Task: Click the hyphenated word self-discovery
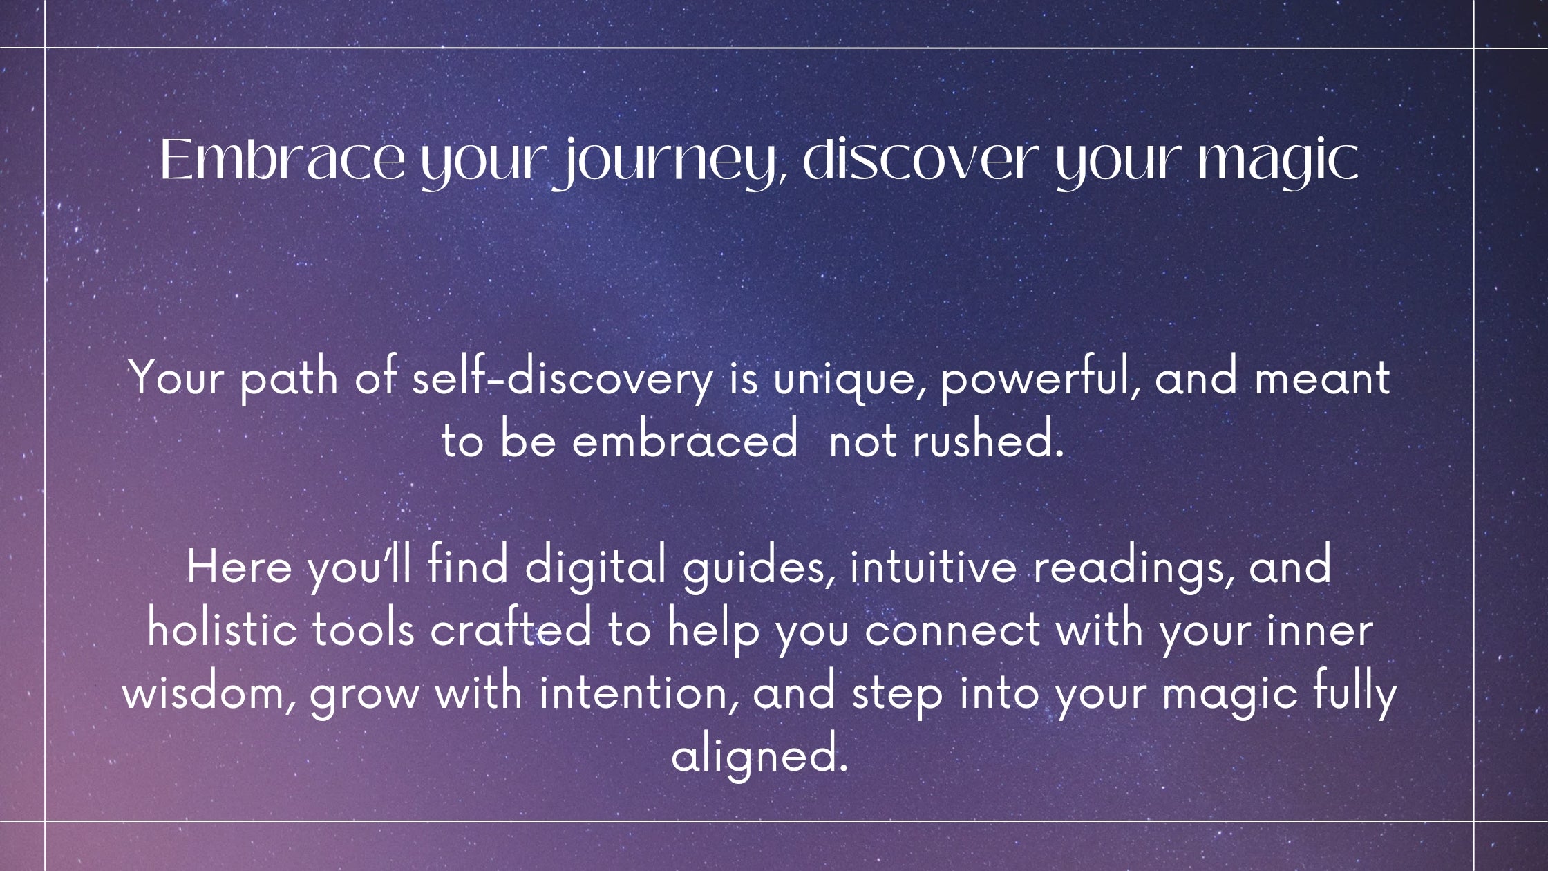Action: pos(563,379)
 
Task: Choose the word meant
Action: pos(1321,379)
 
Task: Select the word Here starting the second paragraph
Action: pos(239,567)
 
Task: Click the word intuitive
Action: pos(934,567)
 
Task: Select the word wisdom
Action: pos(209,693)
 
